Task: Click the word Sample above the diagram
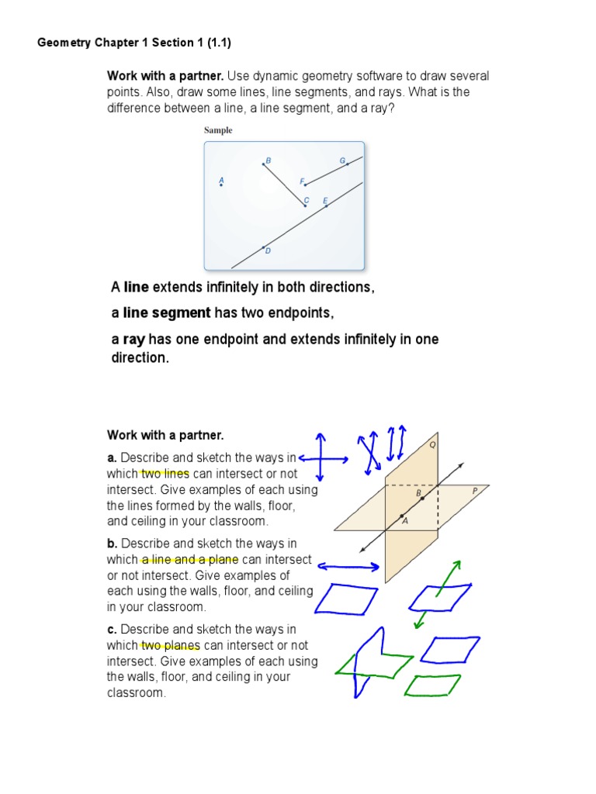[218, 130]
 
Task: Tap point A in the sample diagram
[221, 184]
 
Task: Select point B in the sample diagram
[264, 164]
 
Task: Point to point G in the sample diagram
[346, 164]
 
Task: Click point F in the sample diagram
[304, 185]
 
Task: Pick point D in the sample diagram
[264, 247]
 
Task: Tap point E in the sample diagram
[326, 205]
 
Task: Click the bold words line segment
[167, 313]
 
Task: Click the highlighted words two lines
[165, 474]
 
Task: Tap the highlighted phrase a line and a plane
[190, 560]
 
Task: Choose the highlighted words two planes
[170, 645]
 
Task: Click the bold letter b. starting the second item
[112, 544]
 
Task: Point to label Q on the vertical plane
[432, 446]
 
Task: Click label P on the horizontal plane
[475, 490]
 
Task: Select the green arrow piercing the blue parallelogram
[438, 593]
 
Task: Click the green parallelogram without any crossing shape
[433, 685]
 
